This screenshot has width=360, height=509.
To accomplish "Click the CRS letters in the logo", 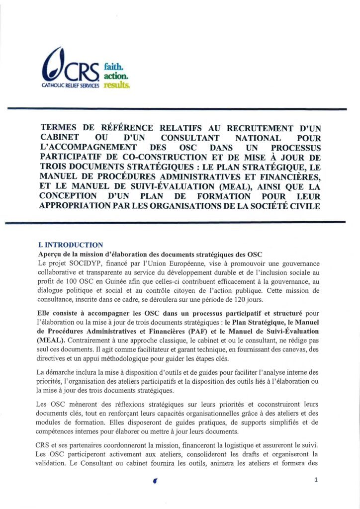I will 83,72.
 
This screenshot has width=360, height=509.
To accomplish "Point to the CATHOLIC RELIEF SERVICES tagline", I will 69,85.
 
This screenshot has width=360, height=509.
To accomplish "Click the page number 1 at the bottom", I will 315,480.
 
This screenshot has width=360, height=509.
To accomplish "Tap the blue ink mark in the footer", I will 156,481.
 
